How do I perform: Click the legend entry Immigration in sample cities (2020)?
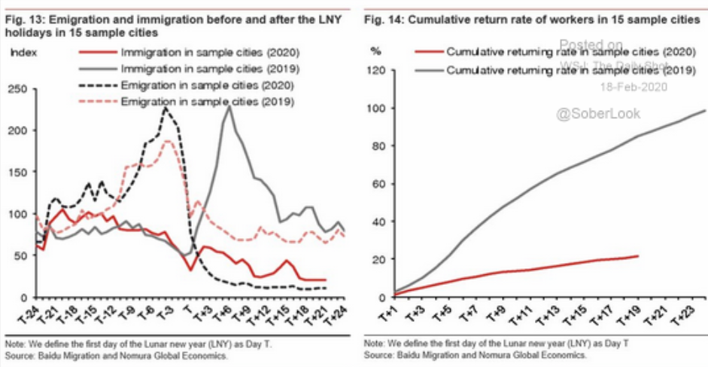(x=207, y=54)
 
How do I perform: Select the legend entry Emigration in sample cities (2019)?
(x=206, y=101)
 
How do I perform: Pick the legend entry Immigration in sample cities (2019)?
(x=207, y=69)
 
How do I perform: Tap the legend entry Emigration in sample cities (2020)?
(x=206, y=85)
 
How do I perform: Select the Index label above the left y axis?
(x=26, y=53)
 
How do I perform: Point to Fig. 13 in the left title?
(x=22, y=20)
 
